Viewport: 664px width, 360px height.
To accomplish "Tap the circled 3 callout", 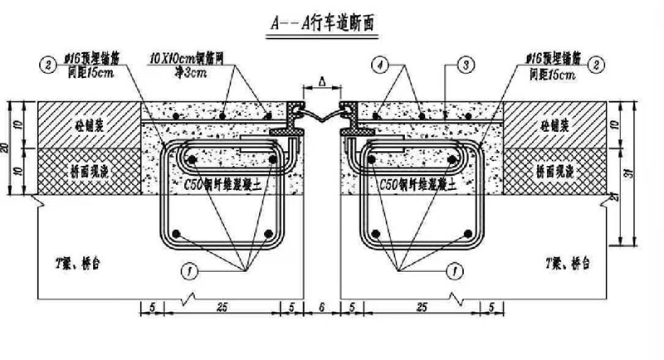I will (x=465, y=63).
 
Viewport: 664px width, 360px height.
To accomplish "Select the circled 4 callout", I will (x=378, y=63).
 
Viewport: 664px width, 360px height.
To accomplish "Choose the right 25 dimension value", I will (x=422, y=306).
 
